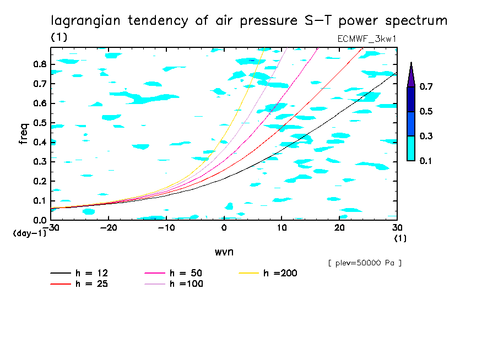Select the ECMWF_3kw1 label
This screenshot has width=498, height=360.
366,39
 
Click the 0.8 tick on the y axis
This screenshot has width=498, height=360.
40,64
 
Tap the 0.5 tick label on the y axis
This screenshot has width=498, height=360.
40,122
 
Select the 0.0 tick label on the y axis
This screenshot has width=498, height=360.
40,220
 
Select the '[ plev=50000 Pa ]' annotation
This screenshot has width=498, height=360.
365,263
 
